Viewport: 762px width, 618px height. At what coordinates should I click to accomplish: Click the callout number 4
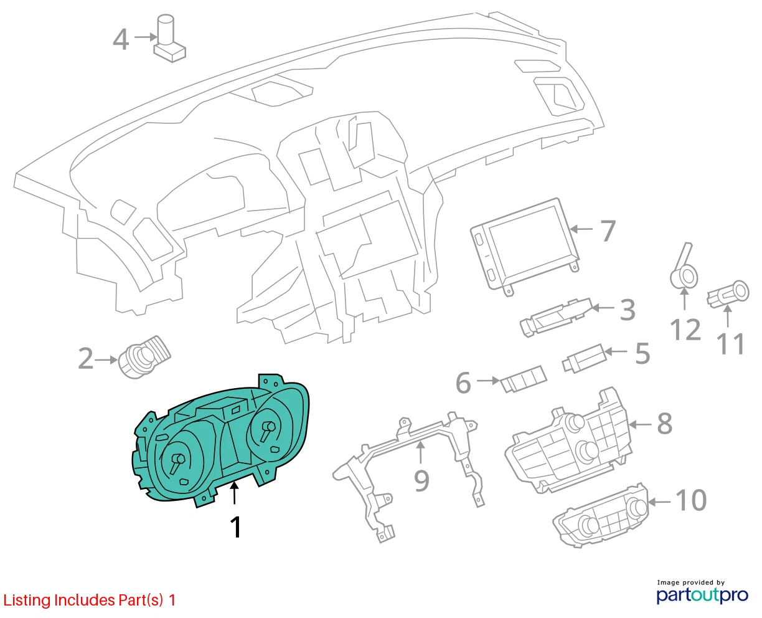[121, 39]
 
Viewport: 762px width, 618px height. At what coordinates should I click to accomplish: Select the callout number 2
[86, 358]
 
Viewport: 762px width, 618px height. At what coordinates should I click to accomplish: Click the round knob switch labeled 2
[144, 356]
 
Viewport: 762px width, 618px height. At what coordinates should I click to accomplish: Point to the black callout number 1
[236, 526]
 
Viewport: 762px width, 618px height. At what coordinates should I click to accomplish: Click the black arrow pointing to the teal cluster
[234, 493]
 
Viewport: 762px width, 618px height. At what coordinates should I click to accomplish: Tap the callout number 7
[608, 231]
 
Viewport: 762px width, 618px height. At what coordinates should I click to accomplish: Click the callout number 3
[628, 310]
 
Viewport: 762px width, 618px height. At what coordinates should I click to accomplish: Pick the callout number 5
[642, 353]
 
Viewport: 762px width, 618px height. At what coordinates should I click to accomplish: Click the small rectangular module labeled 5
[584, 358]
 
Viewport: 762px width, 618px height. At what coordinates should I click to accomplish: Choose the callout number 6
[463, 383]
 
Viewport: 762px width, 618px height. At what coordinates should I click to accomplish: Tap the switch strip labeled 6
[523, 379]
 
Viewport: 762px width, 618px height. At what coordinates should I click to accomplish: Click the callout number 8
[665, 424]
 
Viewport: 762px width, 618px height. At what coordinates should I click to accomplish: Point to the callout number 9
[421, 481]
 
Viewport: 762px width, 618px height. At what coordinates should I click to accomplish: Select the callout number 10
[691, 500]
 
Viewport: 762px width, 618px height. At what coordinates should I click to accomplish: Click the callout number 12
[685, 330]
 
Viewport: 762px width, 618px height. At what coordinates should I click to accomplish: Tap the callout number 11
[731, 344]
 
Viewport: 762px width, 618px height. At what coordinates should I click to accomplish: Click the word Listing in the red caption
[27, 601]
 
